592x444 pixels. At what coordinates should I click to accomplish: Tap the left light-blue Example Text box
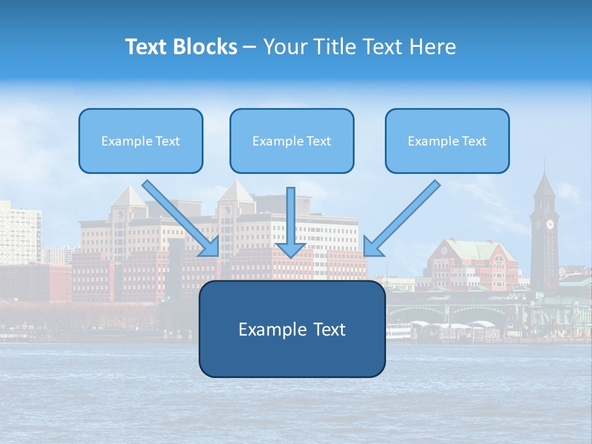(x=141, y=141)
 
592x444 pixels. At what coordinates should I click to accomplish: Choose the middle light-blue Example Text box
(x=292, y=141)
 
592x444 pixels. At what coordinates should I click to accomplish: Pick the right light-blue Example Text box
(x=447, y=141)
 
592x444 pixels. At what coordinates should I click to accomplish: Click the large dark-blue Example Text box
(x=292, y=329)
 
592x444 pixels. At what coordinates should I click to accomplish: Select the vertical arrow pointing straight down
(x=290, y=222)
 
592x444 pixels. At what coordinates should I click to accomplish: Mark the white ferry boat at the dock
(x=398, y=331)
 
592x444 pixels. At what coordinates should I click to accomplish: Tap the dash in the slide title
(x=250, y=47)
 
